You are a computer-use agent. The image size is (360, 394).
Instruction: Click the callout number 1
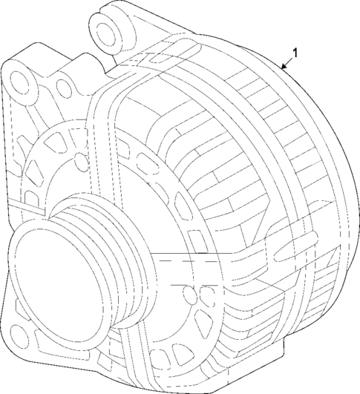296,53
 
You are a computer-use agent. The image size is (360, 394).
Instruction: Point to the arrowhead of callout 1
283,68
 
